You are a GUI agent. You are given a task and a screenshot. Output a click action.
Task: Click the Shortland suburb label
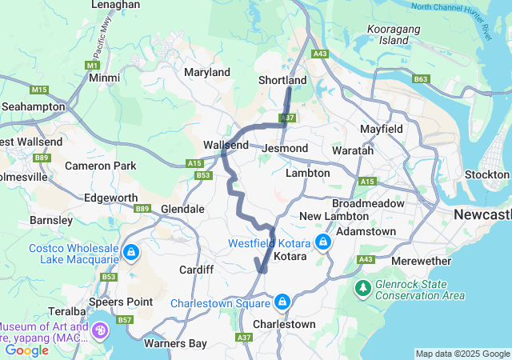[282, 81]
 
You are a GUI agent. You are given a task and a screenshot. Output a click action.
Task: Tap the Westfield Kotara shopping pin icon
[323, 242]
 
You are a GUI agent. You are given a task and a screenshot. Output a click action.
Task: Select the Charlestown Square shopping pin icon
[282, 302]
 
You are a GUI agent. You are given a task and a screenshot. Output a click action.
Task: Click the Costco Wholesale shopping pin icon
[130, 254]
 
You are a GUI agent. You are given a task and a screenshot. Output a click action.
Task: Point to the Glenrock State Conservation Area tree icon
[363, 286]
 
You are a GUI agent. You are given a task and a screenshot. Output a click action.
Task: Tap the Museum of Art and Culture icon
[102, 330]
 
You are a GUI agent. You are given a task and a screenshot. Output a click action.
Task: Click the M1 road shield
[93, 65]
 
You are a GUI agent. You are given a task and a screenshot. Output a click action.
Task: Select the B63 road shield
[421, 79]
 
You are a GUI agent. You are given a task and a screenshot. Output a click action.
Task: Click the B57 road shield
[125, 320]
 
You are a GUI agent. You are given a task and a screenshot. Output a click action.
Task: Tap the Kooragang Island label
[388, 34]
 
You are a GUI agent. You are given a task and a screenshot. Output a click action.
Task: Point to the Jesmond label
[285, 149]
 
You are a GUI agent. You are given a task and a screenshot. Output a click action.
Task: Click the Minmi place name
[105, 78]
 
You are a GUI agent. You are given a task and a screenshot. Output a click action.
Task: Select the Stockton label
[486, 174]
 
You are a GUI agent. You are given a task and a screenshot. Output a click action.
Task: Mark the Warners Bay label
[175, 344]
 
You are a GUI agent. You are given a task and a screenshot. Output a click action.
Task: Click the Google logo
[26, 350]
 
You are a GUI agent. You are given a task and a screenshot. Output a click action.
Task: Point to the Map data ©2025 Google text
[462, 354]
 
